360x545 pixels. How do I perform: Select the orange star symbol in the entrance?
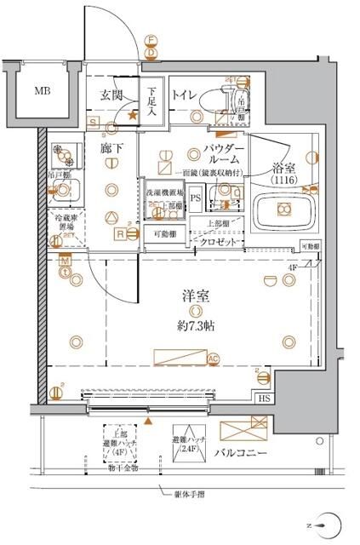click(132, 113)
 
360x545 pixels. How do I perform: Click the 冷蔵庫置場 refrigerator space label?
click(66, 222)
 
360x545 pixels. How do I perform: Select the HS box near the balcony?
click(265, 398)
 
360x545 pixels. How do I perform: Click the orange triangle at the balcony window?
click(150, 420)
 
